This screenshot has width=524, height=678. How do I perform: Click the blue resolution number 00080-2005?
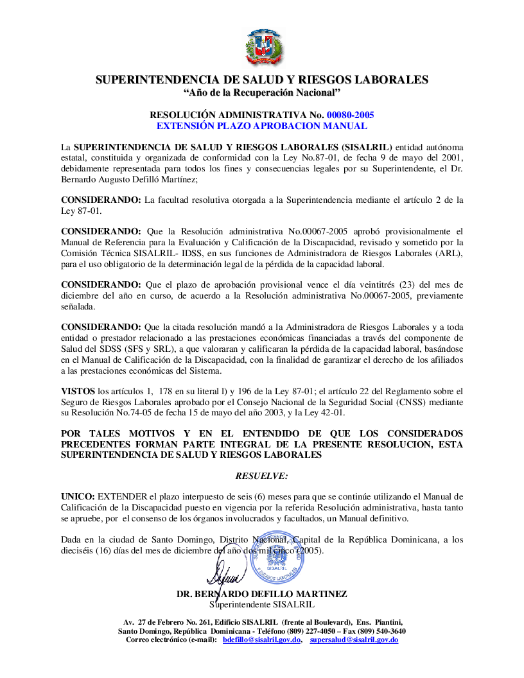coord(350,115)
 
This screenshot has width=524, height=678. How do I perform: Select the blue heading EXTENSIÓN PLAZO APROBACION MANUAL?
coord(262,126)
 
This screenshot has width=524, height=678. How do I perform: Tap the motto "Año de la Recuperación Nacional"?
coord(262,93)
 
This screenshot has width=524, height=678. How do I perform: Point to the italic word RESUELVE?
coord(262,476)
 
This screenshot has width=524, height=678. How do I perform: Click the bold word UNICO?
coord(77,496)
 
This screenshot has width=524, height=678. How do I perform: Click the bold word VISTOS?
coord(78,389)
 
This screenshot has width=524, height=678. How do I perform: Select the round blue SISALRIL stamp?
coord(277,557)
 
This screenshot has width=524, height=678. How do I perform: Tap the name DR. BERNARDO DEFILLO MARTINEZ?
coord(262,595)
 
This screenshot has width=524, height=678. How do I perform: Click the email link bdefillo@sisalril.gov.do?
coord(262,640)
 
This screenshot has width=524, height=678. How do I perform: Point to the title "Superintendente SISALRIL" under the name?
coord(262,604)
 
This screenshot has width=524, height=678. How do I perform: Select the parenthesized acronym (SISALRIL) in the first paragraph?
coord(367,147)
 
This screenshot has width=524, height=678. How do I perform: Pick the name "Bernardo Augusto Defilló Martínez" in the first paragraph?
coord(128,180)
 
